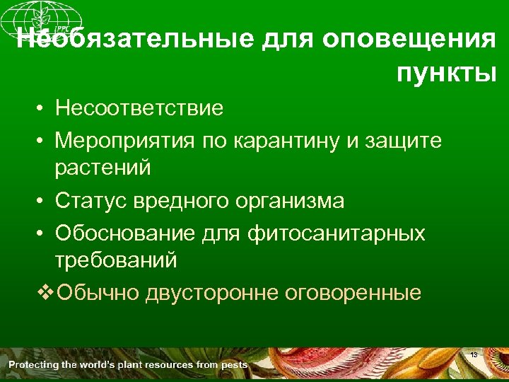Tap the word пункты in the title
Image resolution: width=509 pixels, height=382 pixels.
coord(446,73)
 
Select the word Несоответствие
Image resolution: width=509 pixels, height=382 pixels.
coord(139,108)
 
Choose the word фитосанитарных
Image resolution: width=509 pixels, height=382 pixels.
coord(337,233)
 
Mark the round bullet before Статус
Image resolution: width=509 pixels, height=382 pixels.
coord(43,202)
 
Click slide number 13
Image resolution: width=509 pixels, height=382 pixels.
coord(474,354)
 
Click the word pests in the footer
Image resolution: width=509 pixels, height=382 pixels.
coord(233,365)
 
